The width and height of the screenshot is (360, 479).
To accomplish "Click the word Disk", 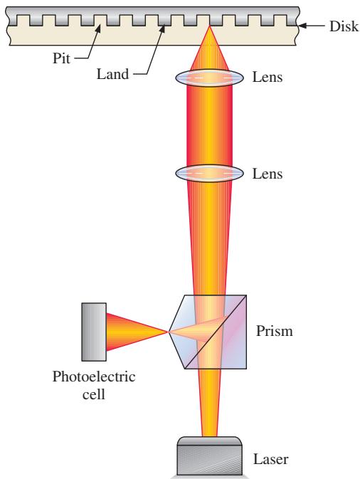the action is pos(344,26).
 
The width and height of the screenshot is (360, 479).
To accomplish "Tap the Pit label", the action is pos(61,58).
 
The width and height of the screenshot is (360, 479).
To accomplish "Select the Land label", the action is pos(112,74).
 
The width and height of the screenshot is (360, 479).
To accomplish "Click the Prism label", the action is pos(274,331).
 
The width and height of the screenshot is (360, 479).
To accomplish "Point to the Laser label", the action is pos(270,459).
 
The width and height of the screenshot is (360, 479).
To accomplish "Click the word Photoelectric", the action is pos(94,377).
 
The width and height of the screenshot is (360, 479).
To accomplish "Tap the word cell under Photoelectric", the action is pos(93,394).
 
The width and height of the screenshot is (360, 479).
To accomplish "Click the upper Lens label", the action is pos(268,77).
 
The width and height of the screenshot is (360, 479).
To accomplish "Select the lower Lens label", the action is pos(268,174).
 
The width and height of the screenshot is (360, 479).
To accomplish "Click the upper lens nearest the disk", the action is pos(209,78).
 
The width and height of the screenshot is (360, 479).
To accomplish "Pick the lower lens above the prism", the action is pos(209,173).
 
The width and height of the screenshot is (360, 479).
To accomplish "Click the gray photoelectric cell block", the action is pos(94,332).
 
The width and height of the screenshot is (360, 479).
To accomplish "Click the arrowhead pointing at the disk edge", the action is pos(302,26).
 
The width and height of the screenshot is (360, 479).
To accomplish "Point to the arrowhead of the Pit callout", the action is pos(98,28).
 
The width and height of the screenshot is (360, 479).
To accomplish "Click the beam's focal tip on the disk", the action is pos(209,26).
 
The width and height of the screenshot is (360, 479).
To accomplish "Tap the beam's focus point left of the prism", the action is pos(168,332).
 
